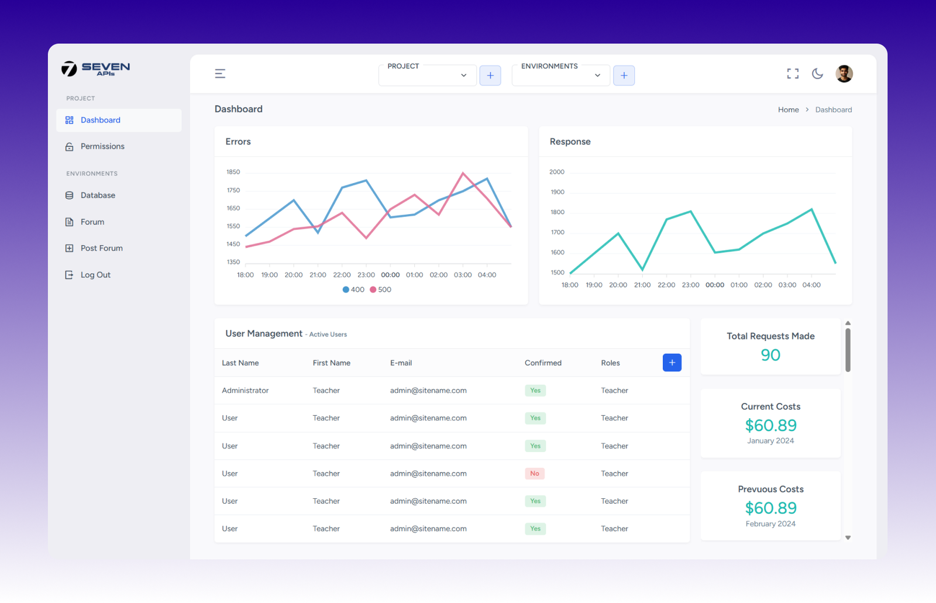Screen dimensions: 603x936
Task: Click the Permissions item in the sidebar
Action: (x=102, y=146)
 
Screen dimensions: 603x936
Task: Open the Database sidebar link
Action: (x=98, y=195)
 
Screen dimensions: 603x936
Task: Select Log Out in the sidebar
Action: (x=95, y=275)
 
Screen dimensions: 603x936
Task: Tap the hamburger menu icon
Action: (x=220, y=74)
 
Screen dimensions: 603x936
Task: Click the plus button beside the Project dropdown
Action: (x=490, y=75)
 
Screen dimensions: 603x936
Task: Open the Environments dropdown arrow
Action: (x=597, y=75)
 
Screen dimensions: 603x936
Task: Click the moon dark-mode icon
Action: (x=817, y=74)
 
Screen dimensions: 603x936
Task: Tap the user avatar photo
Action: (x=844, y=74)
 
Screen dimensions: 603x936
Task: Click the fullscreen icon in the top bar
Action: (x=793, y=74)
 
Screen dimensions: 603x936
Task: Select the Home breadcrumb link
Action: (x=788, y=110)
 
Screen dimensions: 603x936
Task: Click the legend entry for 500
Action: (x=381, y=290)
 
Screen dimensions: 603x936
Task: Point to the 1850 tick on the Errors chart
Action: (x=233, y=172)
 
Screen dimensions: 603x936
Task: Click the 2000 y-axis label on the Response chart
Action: (x=557, y=172)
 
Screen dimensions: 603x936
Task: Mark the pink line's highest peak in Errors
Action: (x=463, y=173)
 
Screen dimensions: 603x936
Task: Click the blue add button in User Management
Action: (x=672, y=363)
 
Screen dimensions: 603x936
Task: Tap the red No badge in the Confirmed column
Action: (x=535, y=474)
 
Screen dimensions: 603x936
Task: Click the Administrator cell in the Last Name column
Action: (x=245, y=391)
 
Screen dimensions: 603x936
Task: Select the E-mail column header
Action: (x=401, y=363)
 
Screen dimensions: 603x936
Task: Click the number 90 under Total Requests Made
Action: (x=770, y=355)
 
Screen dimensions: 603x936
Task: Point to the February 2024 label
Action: (x=770, y=524)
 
